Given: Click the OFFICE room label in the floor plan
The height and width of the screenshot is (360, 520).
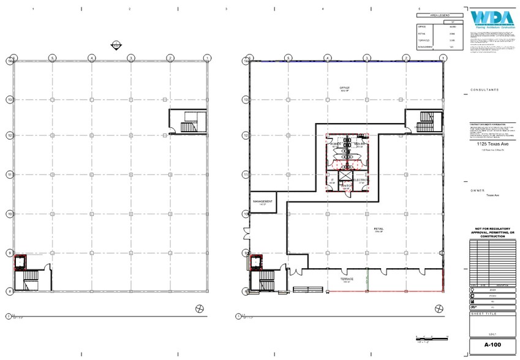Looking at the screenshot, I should (x=345, y=88).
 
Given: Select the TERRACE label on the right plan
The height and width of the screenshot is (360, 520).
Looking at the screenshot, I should (x=347, y=279).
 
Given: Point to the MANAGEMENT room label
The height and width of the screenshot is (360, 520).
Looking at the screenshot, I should (x=262, y=201).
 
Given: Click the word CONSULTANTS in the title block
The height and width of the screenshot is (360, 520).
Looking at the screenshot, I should (x=484, y=89).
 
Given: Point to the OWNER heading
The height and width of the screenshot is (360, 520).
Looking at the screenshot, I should (x=478, y=190).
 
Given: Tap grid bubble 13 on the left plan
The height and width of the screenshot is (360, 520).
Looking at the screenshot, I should (x=9, y=99).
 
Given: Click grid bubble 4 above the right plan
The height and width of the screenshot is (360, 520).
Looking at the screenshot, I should (x=328, y=58).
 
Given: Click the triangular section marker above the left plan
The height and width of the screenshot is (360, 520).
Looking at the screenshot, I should (x=115, y=45).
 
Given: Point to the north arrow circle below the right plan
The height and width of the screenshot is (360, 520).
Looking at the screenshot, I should (x=238, y=317).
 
